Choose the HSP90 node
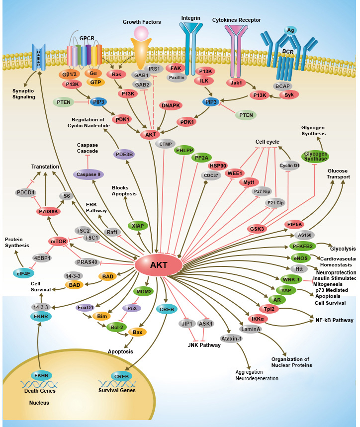click(218, 166)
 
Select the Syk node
click(289, 94)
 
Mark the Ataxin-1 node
click(231, 339)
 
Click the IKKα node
click(257, 319)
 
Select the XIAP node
click(138, 226)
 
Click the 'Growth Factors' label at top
click(141, 22)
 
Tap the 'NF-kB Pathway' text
click(334, 321)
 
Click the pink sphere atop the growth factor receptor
click(142, 34)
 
